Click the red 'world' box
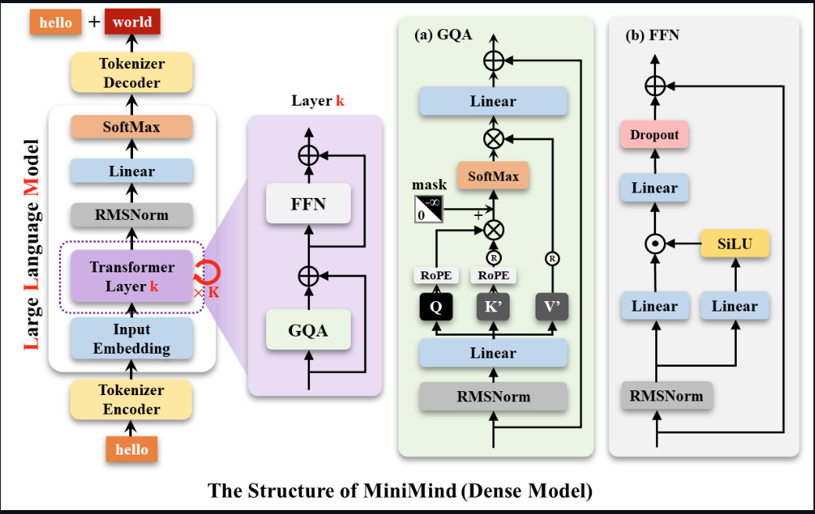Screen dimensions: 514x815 point(132,22)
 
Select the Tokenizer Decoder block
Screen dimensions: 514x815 point(130,73)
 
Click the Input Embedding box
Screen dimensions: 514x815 point(131,339)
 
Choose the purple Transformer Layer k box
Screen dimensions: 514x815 point(131,277)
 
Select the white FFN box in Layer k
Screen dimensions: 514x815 point(308,204)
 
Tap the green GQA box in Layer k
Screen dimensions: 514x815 point(308,330)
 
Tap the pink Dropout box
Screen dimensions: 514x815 point(655,135)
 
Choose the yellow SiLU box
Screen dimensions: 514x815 point(734,243)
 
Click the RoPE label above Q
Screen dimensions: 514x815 point(436,275)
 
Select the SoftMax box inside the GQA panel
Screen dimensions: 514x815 point(492,176)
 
